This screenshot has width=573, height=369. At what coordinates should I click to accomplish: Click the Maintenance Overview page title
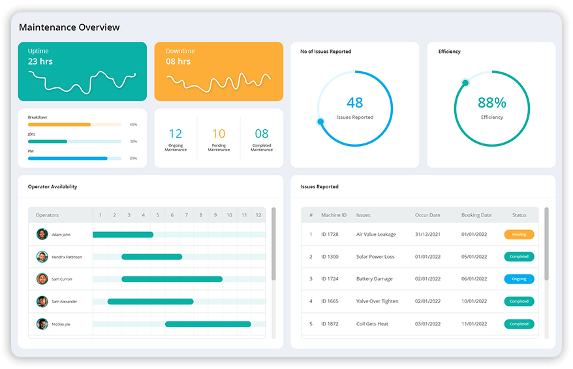click(x=69, y=27)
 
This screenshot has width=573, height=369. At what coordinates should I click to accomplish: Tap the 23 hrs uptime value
click(x=40, y=61)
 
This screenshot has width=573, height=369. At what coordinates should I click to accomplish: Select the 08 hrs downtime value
click(x=178, y=61)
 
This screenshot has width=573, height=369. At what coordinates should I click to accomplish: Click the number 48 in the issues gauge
click(x=354, y=102)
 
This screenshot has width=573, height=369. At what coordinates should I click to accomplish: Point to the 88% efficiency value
click(x=491, y=102)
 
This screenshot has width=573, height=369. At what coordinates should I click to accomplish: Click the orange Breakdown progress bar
click(x=59, y=124)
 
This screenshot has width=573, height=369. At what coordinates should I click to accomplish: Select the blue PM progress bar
click(x=67, y=158)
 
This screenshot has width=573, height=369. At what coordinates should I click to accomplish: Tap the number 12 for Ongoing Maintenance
click(x=176, y=134)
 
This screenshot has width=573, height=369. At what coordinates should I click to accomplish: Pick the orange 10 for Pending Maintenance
click(x=219, y=134)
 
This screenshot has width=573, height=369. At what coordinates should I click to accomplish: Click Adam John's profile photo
click(x=42, y=234)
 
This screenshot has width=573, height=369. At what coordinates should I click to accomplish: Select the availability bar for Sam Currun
click(x=172, y=279)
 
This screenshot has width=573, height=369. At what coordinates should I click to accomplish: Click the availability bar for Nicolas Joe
click(x=208, y=324)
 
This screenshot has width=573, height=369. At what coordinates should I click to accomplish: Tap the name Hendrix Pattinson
click(x=67, y=257)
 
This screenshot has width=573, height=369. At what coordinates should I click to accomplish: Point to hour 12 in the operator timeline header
click(x=258, y=215)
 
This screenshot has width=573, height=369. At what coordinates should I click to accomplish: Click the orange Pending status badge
click(x=519, y=234)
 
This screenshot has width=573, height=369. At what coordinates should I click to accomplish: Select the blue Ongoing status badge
click(x=519, y=279)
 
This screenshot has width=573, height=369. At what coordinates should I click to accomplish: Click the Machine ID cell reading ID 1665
click(x=330, y=301)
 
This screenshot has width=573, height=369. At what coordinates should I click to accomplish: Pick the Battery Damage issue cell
click(x=375, y=279)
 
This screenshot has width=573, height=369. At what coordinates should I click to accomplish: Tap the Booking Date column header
click(x=476, y=215)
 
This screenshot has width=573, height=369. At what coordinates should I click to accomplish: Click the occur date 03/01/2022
click(x=427, y=324)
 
